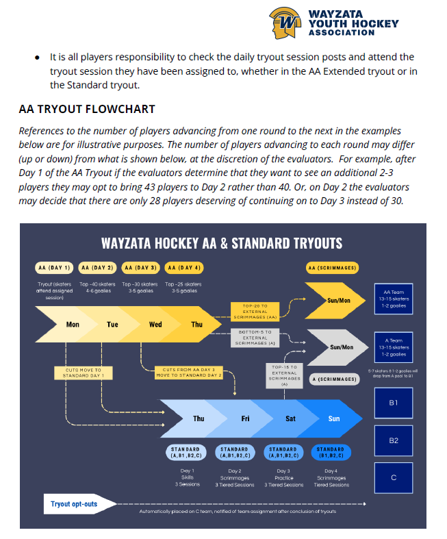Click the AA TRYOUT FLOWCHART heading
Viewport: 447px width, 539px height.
(x=87, y=109)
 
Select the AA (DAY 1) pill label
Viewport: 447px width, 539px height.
(x=55, y=267)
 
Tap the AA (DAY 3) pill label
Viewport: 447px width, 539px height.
(x=140, y=267)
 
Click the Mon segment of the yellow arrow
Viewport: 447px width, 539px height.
(x=72, y=324)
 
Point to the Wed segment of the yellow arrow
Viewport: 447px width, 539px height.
(x=155, y=324)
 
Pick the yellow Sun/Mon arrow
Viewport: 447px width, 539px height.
(x=340, y=299)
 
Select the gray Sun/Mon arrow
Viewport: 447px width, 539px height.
(x=340, y=347)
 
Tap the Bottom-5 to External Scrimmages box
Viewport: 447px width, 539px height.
(x=255, y=338)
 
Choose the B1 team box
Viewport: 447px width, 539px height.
(x=394, y=403)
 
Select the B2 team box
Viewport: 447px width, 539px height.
(x=394, y=440)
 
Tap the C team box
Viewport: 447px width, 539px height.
(x=394, y=477)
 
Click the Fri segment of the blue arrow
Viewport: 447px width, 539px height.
(x=245, y=418)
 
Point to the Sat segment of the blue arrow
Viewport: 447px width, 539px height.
(x=290, y=418)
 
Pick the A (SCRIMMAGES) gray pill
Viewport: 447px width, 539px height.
(x=333, y=379)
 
